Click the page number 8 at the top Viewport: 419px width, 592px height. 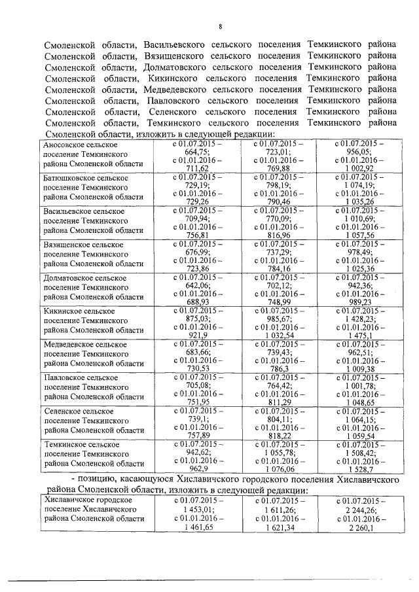point(221,27)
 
